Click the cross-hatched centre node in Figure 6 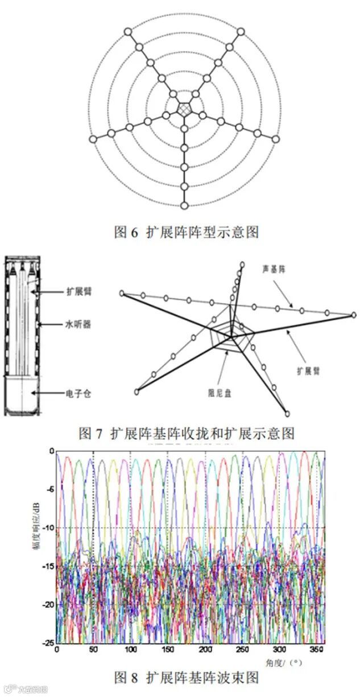(184, 108)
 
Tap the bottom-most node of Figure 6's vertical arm (184, 205)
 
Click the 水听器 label (78, 325)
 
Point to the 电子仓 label (78, 392)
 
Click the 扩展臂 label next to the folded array (78, 291)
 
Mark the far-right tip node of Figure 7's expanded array (354, 315)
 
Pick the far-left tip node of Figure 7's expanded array (122, 293)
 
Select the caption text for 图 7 (187, 434)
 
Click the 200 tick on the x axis (205, 649)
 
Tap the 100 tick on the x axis (131, 649)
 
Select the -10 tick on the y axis (47, 527)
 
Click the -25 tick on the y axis (47, 642)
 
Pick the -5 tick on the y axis (49, 489)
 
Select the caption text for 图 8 (187, 678)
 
